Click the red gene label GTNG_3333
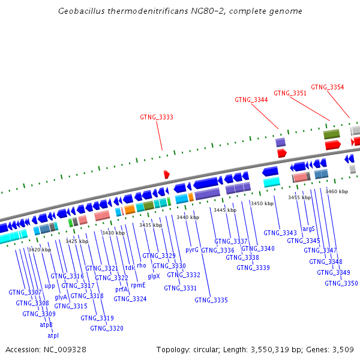coord(157,117)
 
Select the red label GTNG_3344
coord(251,100)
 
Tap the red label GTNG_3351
coord(290,93)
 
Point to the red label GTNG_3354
coord(328,87)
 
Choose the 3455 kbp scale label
coord(299,197)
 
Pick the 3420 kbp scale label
coord(39,250)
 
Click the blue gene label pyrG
coord(192,250)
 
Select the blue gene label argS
coord(308,229)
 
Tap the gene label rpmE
coord(138,286)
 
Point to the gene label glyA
coord(61,297)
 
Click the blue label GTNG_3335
coord(211,300)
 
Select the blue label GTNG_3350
coord(341,283)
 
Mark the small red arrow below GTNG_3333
coord(167,174)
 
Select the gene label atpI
coord(53,335)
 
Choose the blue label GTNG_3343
coord(280,233)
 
